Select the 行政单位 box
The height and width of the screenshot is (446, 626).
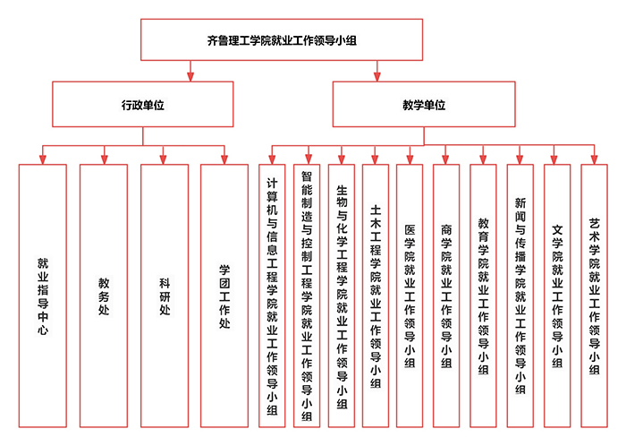143,105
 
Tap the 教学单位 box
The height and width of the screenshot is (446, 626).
424,105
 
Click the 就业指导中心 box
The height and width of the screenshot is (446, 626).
42,295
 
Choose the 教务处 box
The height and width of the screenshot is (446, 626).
103,295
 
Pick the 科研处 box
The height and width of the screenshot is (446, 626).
165,295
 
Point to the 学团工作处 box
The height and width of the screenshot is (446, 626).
224,295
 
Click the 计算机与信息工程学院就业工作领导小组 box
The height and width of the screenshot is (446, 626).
271,295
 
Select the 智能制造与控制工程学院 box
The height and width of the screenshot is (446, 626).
307,295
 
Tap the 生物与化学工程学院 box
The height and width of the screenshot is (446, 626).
342,295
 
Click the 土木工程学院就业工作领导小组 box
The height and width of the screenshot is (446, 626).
376,295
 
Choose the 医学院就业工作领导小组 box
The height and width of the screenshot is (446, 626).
410,295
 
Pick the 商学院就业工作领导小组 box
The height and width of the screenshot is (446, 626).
446,295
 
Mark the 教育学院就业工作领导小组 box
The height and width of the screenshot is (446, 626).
483,295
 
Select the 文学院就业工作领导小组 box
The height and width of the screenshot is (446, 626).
557,295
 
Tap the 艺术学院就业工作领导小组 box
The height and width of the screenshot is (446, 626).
595,295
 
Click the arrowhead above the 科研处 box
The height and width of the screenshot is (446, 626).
165,159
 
